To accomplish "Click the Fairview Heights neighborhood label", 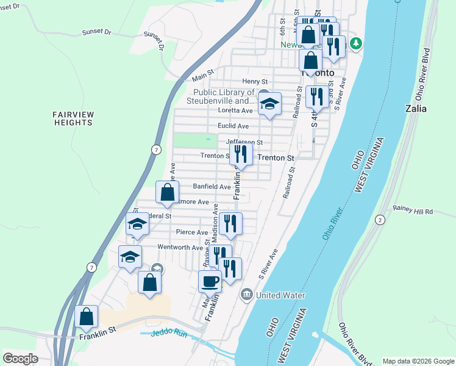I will click(x=72, y=118).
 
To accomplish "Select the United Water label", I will click(x=280, y=295).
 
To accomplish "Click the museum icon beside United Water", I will click(x=246, y=295).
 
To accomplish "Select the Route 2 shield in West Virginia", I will click(x=380, y=220).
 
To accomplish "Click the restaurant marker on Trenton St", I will click(x=241, y=154).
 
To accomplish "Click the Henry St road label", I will click(x=255, y=81).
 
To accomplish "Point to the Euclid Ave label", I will click(x=233, y=126).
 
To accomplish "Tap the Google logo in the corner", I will click(x=21, y=359).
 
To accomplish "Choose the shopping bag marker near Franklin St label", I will click(x=87, y=317).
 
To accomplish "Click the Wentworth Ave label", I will click(x=180, y=248).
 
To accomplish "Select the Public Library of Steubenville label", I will click(x=220, y=96).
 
